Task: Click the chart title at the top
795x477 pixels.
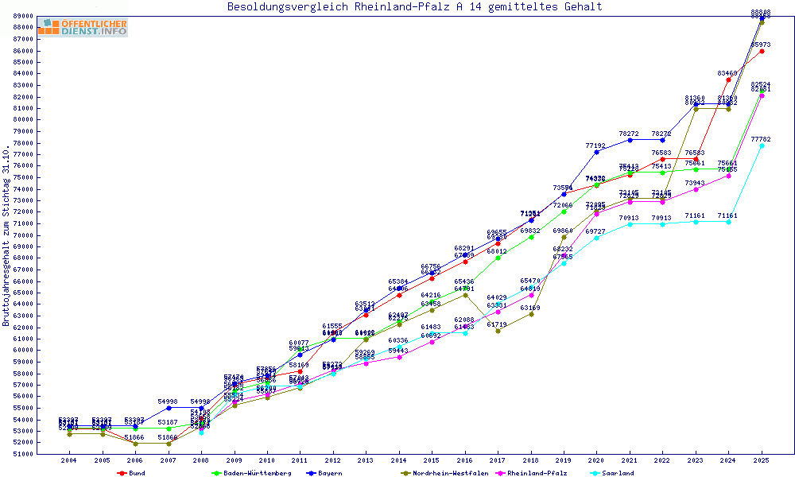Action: click(x=414, y=7)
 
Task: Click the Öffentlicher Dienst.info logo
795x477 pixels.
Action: click(x=83, y=27)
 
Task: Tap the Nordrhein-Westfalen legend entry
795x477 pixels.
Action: click(x=445, y=473)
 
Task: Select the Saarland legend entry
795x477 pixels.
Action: click(x=617, y=473)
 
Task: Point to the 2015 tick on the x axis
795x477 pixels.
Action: click(x=432, y=460)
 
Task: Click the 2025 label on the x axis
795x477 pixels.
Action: click(x=762, y=460)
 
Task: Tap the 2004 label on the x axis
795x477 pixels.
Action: click(x=69, y=460)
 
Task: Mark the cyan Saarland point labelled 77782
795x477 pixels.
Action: click(x=762, y=145)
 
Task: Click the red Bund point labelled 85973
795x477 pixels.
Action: click(x=762, y=51)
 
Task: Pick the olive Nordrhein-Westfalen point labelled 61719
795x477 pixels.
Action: click(x=498, y=331)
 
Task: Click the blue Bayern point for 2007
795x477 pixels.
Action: click(x=168, y=408)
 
